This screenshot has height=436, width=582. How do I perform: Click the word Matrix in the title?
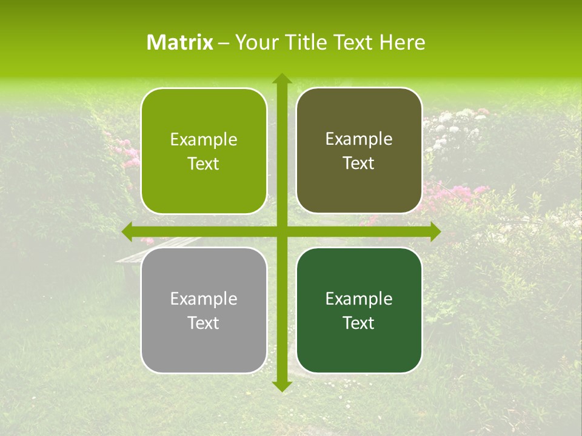pyautogui.click(x=180, y=42)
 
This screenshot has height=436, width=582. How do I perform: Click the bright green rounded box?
pyautogui.click(x=204, y=151)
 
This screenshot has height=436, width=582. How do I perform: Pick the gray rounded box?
pyautogui.click(x=204, y=310)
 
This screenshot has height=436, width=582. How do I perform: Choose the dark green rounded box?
pyautogui.click(x=359, y=310)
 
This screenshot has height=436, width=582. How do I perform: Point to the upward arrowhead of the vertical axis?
pyautogui.click(x=281, y=79)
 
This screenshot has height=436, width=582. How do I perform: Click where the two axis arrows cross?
pyautogui.click(x=281, y=231)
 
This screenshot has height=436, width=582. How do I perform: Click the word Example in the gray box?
pyautogui.click(x=204, y=299)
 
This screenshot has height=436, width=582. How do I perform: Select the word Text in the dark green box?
pyautogui.click(x=359, y=323)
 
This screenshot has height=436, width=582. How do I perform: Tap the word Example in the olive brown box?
pyautogui.click(x=359, y=139)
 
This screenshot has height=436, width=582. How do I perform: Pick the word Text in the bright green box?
pyautogui.click(x=204, y=164)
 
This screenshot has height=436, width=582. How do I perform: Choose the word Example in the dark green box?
pyautogui.click(x=359, y=299)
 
